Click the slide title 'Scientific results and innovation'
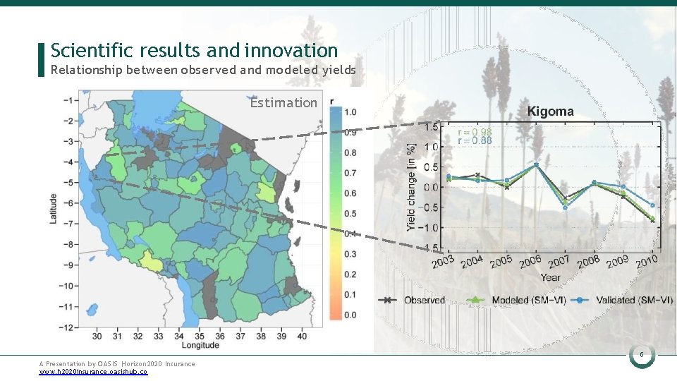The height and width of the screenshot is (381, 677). pyautogui.click(x=195, y=51)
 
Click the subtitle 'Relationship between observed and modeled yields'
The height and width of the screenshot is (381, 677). pyautogui.click(x=203, y=70)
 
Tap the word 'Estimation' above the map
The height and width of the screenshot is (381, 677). pyautogui.click(x=283, y=103)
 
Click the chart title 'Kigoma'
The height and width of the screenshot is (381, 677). pyautogui.click(x=550, y=111)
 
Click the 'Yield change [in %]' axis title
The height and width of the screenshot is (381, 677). pyautogui.click(x=412, y=187)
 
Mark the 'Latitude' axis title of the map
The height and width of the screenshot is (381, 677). pyautogui.click(x=53, y=208)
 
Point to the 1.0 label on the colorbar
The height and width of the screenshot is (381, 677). pyautogui.click(x=350, y=112)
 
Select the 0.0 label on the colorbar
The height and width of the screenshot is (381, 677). pyautogui.click(x=350, y=315)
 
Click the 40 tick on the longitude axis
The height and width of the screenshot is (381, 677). pyautogui.click(x=301, y=336)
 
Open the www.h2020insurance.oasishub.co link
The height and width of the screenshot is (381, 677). pyautogui.click(x=93, y=371)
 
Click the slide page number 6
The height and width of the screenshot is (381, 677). pyautogui.click(x=642, y=356)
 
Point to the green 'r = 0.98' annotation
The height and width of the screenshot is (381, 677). pyautogui.click(x=475, y=132)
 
